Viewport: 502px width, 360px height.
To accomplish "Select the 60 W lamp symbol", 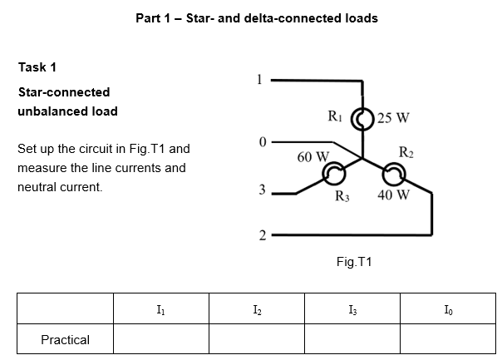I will coord(334,174).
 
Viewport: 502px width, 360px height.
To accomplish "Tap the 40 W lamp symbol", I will coord(392,173).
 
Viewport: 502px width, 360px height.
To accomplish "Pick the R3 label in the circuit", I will coord(342,196).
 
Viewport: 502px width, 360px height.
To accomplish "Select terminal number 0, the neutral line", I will coord(261,141).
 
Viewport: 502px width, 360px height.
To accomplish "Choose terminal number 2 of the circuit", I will coord(261,236).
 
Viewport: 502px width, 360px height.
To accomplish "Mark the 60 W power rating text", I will coord(313,156).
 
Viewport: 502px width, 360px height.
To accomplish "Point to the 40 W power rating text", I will coord(393,196).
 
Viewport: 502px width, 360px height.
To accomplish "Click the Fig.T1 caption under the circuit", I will coord(354,262).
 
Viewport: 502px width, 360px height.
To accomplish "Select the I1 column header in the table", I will coord(160,310).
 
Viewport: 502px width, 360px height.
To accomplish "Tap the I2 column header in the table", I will coord(256,310).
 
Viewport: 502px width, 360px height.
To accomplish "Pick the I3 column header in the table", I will coord(352,310).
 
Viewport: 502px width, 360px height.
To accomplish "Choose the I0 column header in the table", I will coord(447,310).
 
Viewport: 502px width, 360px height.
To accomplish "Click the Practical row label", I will coord(66,339).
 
